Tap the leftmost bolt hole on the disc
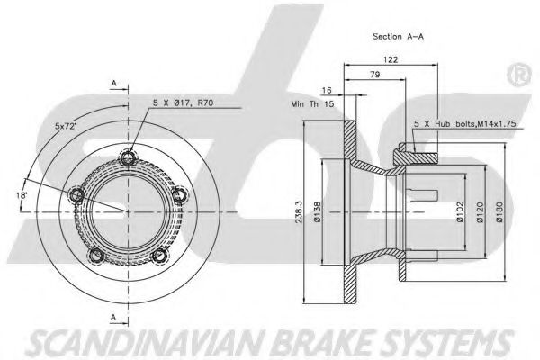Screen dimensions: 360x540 76,193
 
